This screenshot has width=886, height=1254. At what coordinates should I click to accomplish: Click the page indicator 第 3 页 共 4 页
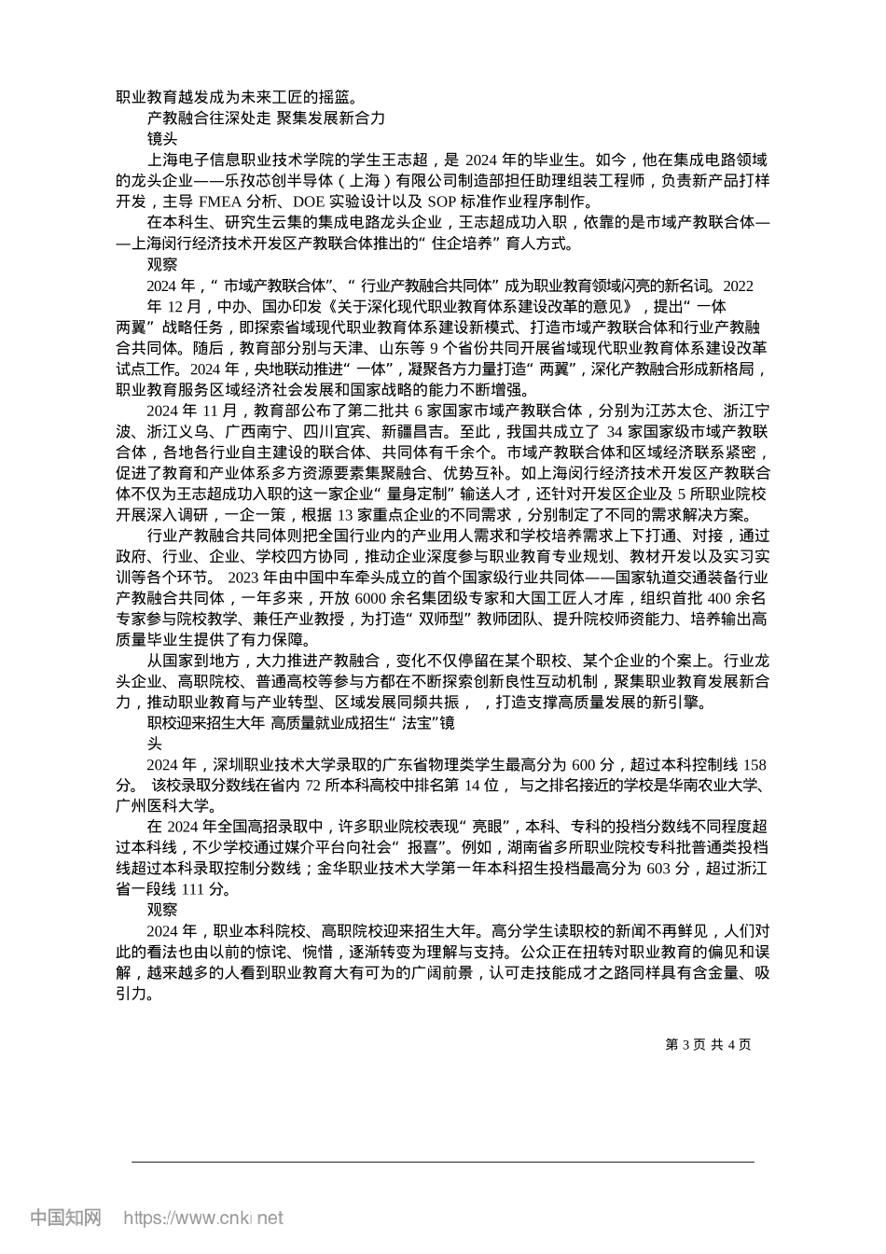(709, 1044)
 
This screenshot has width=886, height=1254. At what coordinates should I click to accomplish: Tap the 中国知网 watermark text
(65, 1218)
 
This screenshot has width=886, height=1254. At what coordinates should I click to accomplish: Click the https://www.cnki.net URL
(203, 1218)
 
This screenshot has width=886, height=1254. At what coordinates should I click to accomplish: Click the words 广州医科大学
(166, 806)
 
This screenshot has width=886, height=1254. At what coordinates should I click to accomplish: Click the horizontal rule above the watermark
(442, 1162)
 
